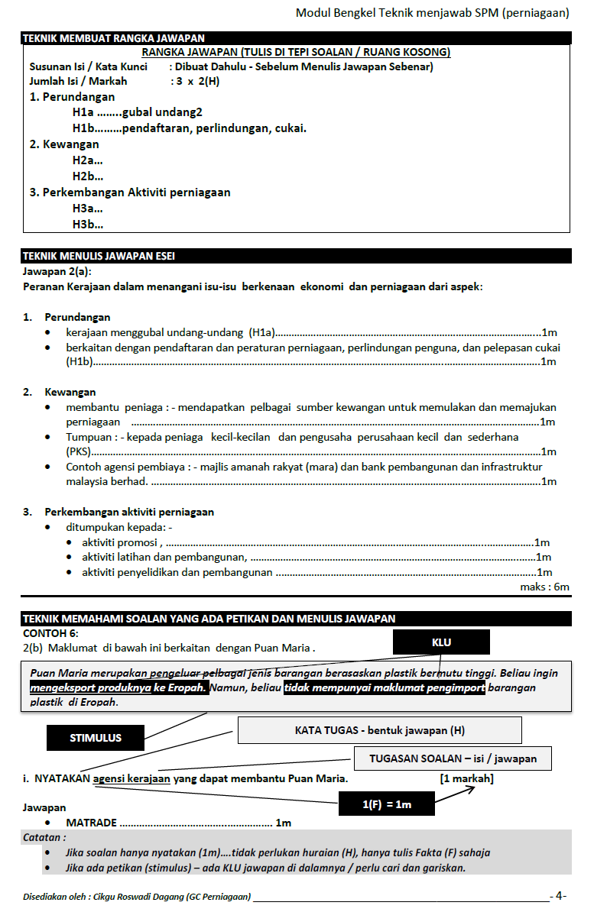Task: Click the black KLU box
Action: (x=441, y=642)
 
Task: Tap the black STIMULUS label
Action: (x=96, y=738)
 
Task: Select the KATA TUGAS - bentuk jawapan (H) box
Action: (x=379, y=730)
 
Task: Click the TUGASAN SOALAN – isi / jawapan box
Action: (x=453, y=758)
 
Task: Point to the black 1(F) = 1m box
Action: (x=387, y=804)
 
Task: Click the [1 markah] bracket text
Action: (x=466, y=778)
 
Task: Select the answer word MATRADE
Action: (x=92, y=823)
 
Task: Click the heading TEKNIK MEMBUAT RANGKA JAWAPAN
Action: (x=114, y=38)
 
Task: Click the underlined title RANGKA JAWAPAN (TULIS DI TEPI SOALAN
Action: (x=296, y=52)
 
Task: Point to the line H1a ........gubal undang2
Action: (x=138, y=112)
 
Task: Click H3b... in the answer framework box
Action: (x=88, y=224)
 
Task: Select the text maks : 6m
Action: (x=544, y=587)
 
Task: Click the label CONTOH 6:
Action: (x=50, y=632)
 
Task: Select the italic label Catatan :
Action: (x=44, y=837)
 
